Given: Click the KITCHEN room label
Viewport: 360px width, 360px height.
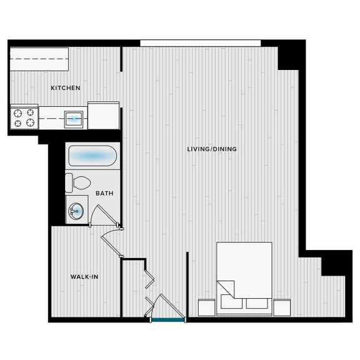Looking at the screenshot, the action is tap(66, 88).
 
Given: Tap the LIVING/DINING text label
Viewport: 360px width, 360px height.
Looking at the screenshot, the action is tap(212, 149).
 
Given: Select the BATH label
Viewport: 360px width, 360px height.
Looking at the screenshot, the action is tap(104, 193).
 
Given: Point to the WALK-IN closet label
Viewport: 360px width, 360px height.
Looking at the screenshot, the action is tap(84, 277).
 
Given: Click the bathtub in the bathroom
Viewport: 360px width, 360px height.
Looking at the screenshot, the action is tap(92, 156).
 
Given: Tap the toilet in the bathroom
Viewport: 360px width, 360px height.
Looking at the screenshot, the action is tap(77, 183).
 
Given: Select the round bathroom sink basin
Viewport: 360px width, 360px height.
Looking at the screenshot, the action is tap(76, 211).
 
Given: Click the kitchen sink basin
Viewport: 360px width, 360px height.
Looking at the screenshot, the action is tap(74, 119).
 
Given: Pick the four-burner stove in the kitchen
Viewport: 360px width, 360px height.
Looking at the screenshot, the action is tap(24, 117).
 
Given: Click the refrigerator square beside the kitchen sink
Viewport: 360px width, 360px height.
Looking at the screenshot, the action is tap(104, 116).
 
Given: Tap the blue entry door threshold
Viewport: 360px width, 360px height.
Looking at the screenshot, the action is tap(168, 319).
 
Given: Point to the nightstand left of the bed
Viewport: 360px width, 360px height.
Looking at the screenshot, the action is tap(207, 307).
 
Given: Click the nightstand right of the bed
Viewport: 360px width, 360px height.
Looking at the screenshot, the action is tap(282, 307).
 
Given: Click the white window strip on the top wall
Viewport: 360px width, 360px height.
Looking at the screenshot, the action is tap(201, 43).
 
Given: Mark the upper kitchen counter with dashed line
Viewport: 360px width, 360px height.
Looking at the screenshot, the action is tap(39, 59).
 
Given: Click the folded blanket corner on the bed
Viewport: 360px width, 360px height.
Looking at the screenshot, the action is tap(226, 289).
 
